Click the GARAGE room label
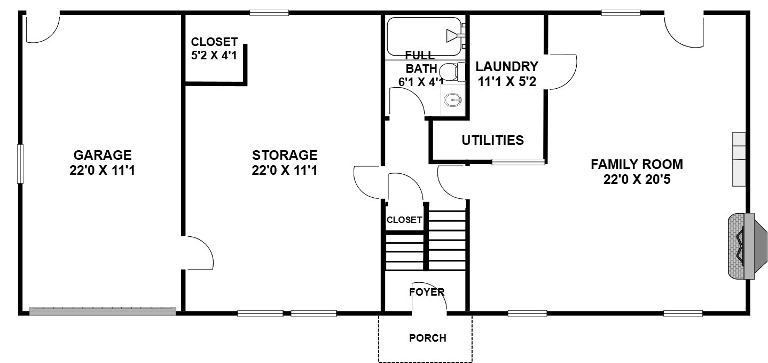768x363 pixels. point(103,155)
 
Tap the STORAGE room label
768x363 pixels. point(285,155)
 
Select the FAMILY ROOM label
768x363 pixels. point(637,164)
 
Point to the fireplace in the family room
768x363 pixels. point(747,246)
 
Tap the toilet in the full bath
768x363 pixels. point(451,72)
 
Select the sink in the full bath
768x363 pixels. point(452,100)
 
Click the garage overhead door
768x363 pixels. point(103,311)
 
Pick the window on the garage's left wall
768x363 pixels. point(21,164)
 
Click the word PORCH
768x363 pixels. point(428,338)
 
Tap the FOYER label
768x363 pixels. point(427,292)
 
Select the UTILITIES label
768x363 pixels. point(493,140)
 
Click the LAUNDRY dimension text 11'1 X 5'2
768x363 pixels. point(507,82)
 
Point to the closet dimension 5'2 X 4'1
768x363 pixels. point(214,55)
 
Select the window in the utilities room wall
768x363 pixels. point(518,161)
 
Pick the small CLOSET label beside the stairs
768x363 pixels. point(404,220)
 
